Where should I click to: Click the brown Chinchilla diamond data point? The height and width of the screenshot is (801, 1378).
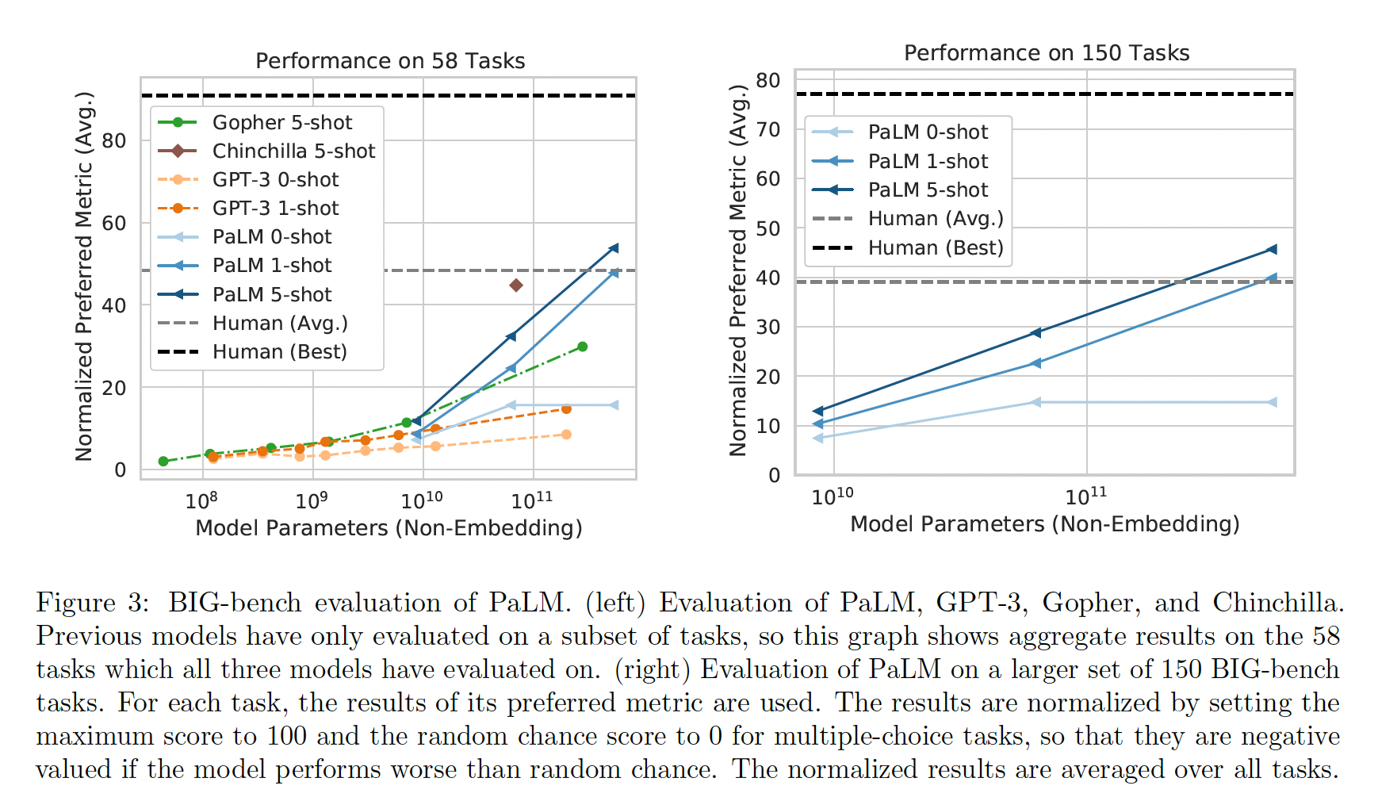pos(516,285)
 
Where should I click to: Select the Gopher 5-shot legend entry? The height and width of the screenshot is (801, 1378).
pos(281,123)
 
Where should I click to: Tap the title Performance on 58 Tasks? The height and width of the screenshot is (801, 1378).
pos(390,61)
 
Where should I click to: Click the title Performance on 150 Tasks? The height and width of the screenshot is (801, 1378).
pos(1046,53)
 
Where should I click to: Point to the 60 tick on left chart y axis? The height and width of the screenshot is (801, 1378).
pos(114,224)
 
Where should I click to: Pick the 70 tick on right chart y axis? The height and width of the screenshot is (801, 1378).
pos(768,129)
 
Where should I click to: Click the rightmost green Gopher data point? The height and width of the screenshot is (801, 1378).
pos(583,347)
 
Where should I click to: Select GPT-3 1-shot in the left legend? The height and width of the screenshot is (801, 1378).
pos(275,209)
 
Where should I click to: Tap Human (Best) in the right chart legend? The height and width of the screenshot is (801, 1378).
pos(936,248)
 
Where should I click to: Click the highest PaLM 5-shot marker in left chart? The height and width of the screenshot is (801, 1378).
pos(614,248)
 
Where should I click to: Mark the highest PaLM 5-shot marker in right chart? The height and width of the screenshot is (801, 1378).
pos(1273,250)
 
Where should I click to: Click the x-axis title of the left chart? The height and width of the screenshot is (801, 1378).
pos(389,528)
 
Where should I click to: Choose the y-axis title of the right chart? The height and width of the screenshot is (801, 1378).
pos(738,270)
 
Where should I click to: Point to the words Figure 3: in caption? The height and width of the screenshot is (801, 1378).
pos(92,603)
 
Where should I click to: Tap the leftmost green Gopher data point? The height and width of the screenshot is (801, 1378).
pos(163,462)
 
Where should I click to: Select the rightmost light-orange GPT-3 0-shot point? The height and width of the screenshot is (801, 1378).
pos(566,435)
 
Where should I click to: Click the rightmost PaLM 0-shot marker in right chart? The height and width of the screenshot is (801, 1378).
pos(1273,403)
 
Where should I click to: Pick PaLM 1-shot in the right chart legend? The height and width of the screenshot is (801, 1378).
pos(928,162)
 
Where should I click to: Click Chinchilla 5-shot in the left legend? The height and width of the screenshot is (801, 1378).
pos(293,151)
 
